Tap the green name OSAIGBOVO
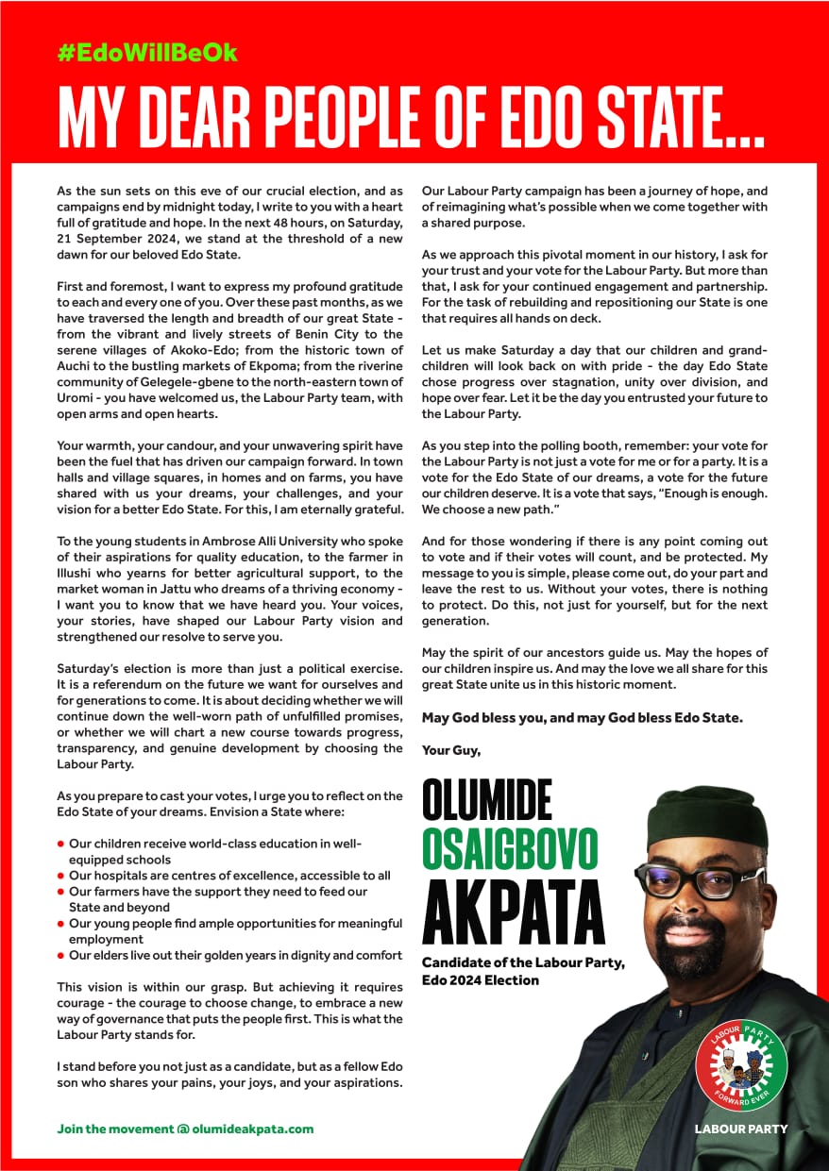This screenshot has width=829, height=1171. pyautogui.click(x=510, y=849)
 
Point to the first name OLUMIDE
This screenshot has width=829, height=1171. pyautogui.click(x=486, y=800)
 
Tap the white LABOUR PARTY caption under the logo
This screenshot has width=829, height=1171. pyautogui.click(x=740, y=1129)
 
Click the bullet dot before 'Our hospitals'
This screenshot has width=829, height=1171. pyautogui.click(x=60, y=876)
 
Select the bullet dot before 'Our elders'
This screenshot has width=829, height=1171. pyautogui.click(x=60, y=956)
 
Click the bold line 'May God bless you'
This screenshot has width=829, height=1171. pyautogui.click(x=582, y=717)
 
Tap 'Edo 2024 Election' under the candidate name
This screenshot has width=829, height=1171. pyautogui.click(x=481, y=979)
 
